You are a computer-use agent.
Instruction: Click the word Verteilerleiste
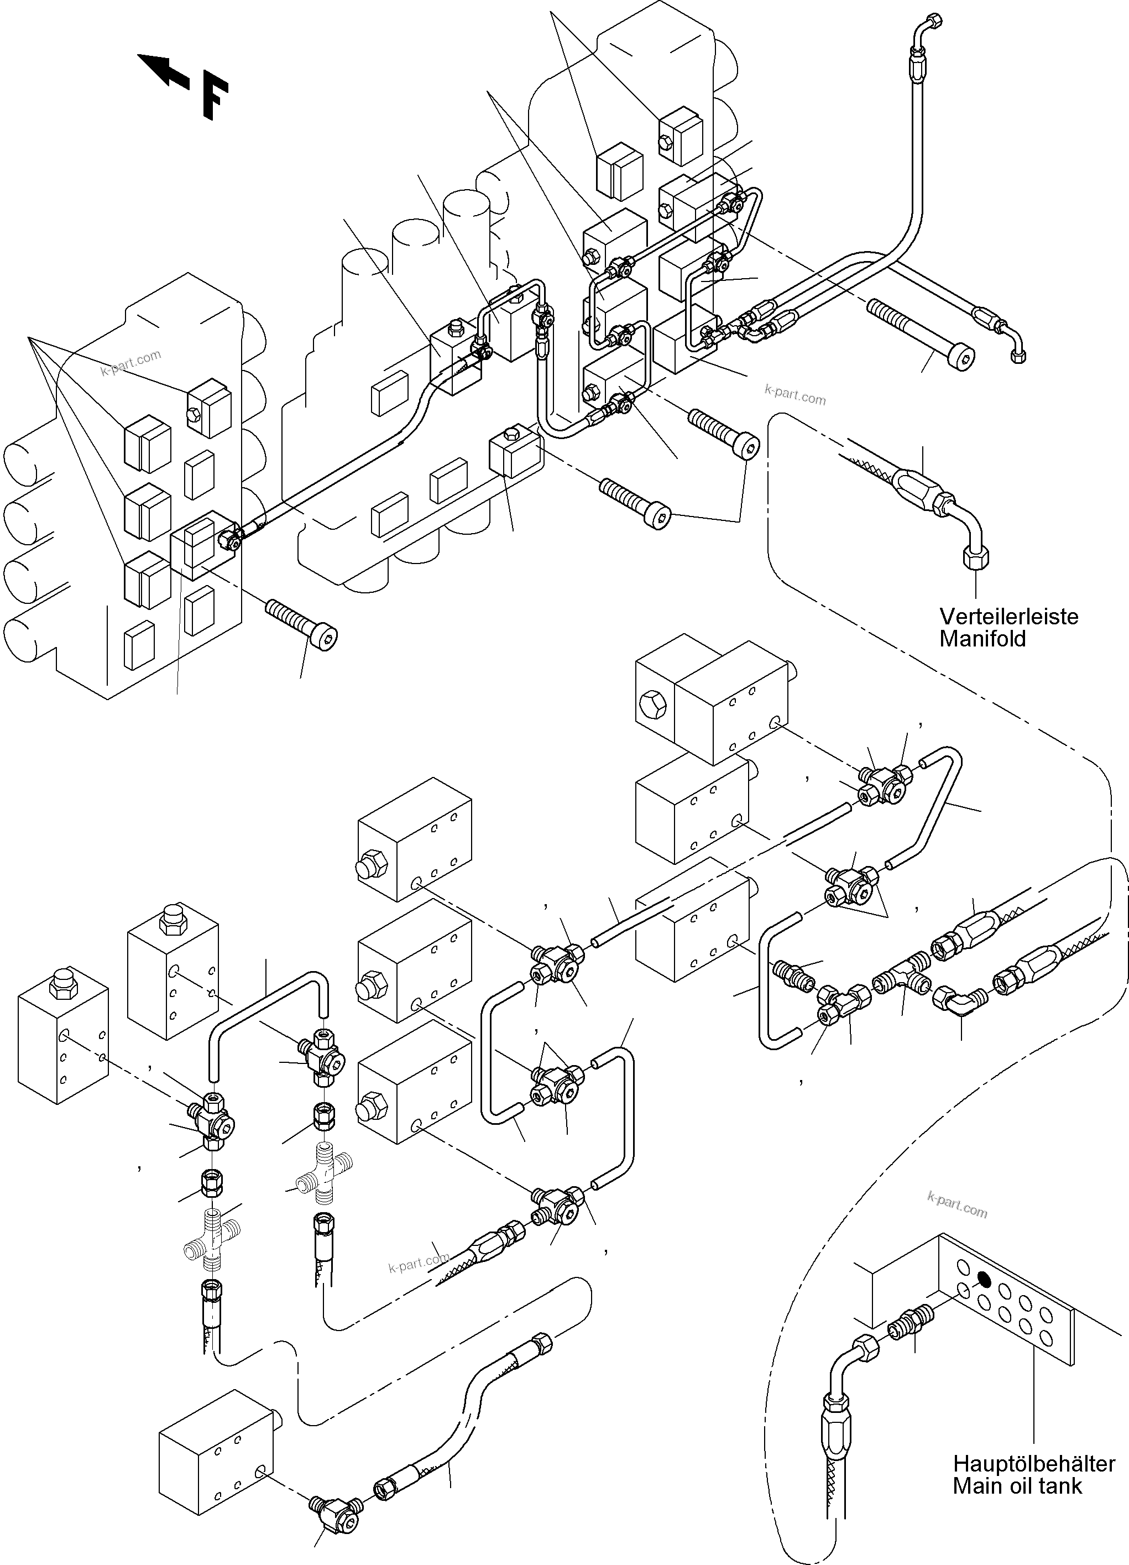tap(1008, 615)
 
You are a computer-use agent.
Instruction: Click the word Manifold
tap(982, 638)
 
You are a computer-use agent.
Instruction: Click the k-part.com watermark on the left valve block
tap(130, 362)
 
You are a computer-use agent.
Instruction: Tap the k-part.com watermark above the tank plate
tap(956, 1204)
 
